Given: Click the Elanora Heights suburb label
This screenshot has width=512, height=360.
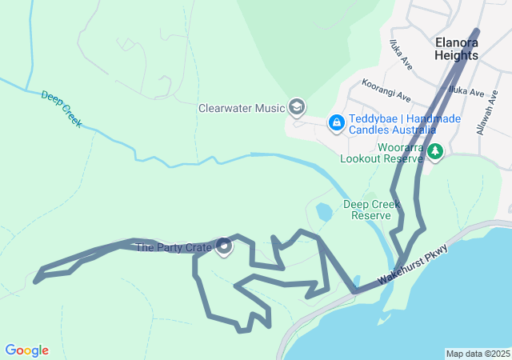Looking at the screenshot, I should click(457, 49).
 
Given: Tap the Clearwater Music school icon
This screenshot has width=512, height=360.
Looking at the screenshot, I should click(297, 107).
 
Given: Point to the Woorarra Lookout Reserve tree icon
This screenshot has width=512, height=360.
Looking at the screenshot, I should click(434, 151).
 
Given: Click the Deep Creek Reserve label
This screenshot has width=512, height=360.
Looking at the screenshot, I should click(372, 210).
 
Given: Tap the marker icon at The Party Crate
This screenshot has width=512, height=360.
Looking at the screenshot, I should click(225, 248).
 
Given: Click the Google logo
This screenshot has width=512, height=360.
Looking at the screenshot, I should click(27, 350).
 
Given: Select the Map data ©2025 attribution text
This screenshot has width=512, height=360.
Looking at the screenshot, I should click(478, 354).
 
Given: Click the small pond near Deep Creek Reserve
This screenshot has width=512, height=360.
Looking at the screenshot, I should click(324, 212).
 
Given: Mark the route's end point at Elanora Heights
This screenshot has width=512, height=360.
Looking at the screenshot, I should click(478, 31).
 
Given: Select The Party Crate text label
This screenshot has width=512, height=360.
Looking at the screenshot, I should click(173, 248).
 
